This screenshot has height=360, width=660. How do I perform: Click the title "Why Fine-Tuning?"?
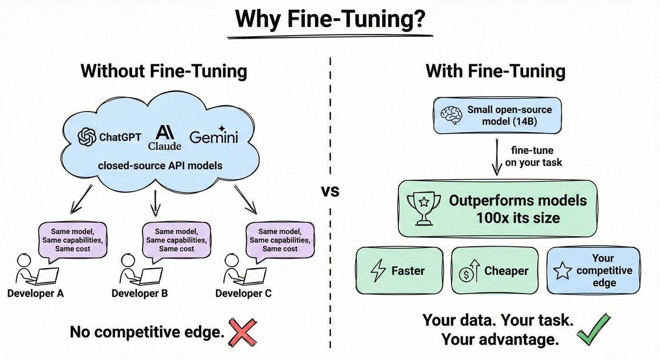coord(329,19)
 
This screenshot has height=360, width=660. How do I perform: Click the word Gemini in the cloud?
coord(214,137)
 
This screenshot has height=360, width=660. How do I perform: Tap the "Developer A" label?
coord(35,293)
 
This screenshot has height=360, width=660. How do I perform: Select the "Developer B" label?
coord(140,293)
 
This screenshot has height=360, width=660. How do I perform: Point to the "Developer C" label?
coord(244,293)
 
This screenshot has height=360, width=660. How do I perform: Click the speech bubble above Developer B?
coord(175,240)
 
